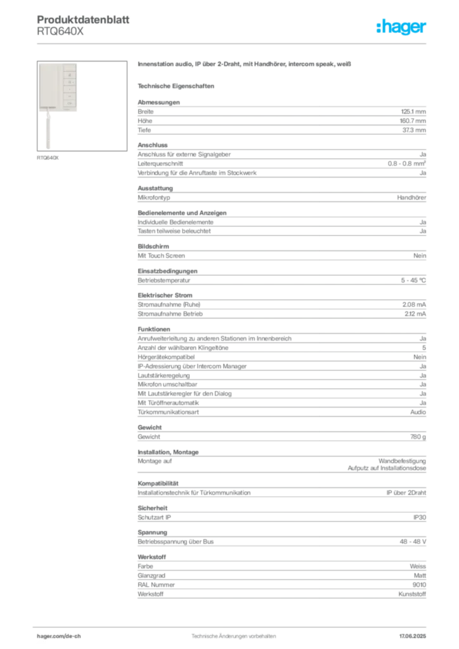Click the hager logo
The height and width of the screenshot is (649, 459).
[x=401, y=27]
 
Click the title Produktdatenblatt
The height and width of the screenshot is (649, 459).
[x=83, y=20]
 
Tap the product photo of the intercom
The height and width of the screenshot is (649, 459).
[x=82, y=106]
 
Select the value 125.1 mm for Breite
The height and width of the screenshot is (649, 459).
[x=413, y=112]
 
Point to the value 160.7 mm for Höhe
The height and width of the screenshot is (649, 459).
[x=413, y=121]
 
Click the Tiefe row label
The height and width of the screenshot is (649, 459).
[x=145, y=130]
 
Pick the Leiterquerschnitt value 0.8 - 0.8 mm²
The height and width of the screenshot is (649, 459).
[x=407, y=164]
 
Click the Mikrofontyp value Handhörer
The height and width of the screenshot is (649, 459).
[x=411, y=198]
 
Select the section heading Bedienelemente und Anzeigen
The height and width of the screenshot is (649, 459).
[x=182, y=213]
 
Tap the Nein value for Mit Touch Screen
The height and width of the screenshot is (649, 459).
[x=420, y=256]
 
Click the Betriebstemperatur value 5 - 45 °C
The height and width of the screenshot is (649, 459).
[x=413, y=280]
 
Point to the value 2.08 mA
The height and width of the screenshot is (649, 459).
[x=414, y=305]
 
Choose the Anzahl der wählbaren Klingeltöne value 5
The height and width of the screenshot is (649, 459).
[x=424, y=348]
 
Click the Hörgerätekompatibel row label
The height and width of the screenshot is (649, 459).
[x=166, y=357]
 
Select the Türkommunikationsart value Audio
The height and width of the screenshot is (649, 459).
[x=418, y=412]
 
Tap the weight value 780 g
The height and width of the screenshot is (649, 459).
[x=418, y=437]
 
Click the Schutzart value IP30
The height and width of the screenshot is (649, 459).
[x=420, y=517]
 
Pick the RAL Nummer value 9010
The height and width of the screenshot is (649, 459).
[x=419, y=585]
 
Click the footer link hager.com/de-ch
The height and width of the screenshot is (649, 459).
[x=59, y=636]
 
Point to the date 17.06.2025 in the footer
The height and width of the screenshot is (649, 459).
[x=413, y=636]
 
